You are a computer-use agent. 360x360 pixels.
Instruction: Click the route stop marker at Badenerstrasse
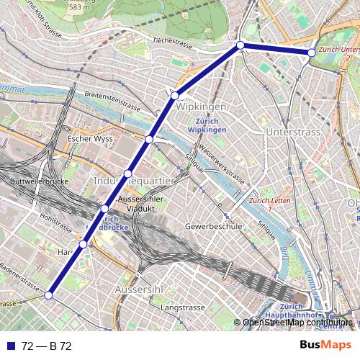point(49,295)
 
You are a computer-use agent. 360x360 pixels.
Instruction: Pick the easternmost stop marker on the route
point(311,53)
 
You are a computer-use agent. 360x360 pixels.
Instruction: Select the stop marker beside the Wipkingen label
point(175,95)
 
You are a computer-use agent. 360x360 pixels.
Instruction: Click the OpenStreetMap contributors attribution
point(297,323)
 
